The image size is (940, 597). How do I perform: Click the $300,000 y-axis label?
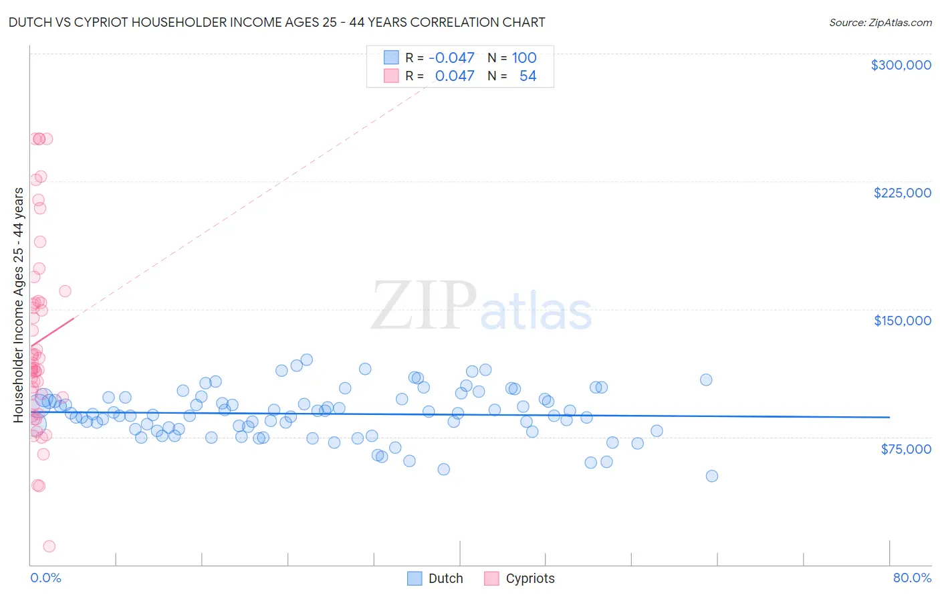coord(901,65)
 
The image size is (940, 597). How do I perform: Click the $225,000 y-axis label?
coord(902,193)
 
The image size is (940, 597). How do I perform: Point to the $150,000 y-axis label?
coord(902,321)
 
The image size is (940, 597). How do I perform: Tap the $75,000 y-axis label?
coord(905,448)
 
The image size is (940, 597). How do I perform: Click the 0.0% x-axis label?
coord(45,578)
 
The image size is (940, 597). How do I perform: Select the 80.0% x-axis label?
coord(912,578)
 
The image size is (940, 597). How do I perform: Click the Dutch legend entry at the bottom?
coord(435,578)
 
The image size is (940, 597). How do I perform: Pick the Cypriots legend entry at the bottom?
coord(519,578)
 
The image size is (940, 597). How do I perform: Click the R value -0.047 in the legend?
coord(451,58)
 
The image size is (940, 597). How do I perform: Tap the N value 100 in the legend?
coord(524,58)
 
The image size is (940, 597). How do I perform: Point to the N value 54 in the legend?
coord(527,76)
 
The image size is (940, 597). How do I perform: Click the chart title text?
coord(277,22)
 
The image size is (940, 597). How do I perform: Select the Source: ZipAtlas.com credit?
coord(880,23)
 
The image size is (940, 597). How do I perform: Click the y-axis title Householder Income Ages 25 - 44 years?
coord(19,305)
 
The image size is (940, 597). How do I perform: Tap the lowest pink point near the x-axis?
coord(49,546)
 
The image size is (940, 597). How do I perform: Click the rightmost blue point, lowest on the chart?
coord(712,476)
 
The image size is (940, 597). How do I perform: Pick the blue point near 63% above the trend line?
coord(706,379)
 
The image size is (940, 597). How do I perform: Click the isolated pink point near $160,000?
coord(65,291)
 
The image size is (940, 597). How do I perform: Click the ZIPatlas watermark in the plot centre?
coord(481,307)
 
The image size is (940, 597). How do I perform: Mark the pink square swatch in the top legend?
coord(391,76)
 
